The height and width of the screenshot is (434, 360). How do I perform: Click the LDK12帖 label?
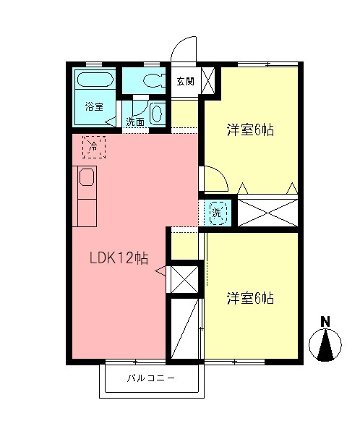pyautogui.click(x=119, y=258)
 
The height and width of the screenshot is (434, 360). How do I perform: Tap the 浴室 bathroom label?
pyautogui.click(x=94, y=106)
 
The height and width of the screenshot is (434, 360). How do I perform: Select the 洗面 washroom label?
pyautogui.click(x=135, y=122)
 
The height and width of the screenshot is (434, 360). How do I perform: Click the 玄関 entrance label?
pyautogui.click(x=184, y=81)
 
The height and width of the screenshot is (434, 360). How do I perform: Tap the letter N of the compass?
pyautogui.click(x=325, y=322)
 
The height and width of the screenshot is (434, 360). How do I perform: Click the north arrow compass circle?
pyautogui.click(x=325, y=345)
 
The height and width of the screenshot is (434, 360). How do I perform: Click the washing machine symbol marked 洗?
pyautogui.click(x=217, y=212)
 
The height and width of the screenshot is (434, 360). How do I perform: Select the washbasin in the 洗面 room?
pyautogui.click(x=158, y=112)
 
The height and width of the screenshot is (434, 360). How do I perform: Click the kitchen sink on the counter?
pyautogui.click(x=87, y=178)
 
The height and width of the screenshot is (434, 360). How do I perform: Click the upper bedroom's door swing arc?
pyautogui.click(x=214, y=178)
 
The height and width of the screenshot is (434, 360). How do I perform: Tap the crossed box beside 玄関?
pyautogui.click(x=207, y=80)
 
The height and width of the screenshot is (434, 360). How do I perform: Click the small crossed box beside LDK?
pyautogui.click(x=185, y=278)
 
